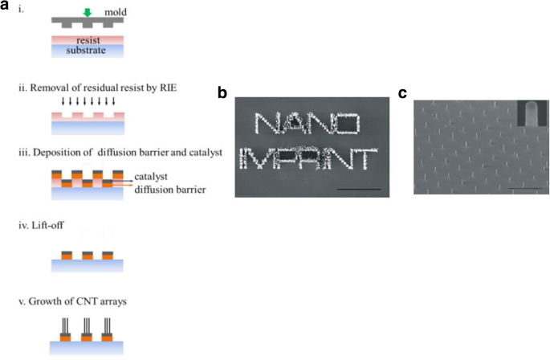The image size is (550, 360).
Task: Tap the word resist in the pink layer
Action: pyautogui.click(x=84, y=39)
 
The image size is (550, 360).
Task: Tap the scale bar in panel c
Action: pyautogui.click(x=521, y=189)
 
